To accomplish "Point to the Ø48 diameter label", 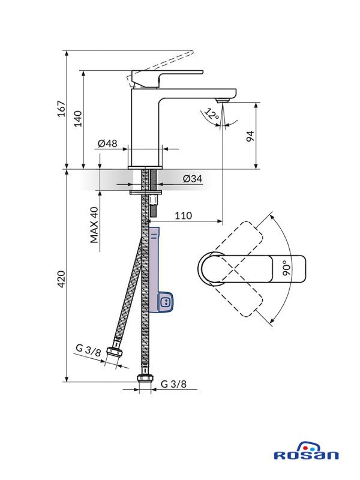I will pyautogui.click(x=107, y=143).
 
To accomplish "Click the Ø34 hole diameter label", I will pyautogui.click(x=192, y=179).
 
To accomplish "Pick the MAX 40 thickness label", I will pyautogui.click(x=94, y=225).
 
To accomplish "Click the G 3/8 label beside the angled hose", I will pyautogui.click(x=88, y=350).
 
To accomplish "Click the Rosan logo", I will pyautogui.click(x=306, y=453).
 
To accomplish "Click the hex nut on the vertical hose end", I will pyautogui.click(x=143, y=378).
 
